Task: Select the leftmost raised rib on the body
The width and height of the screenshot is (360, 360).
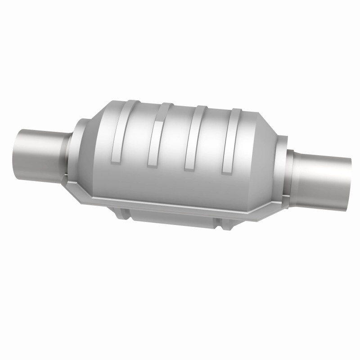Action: click(x=119, y=130)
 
